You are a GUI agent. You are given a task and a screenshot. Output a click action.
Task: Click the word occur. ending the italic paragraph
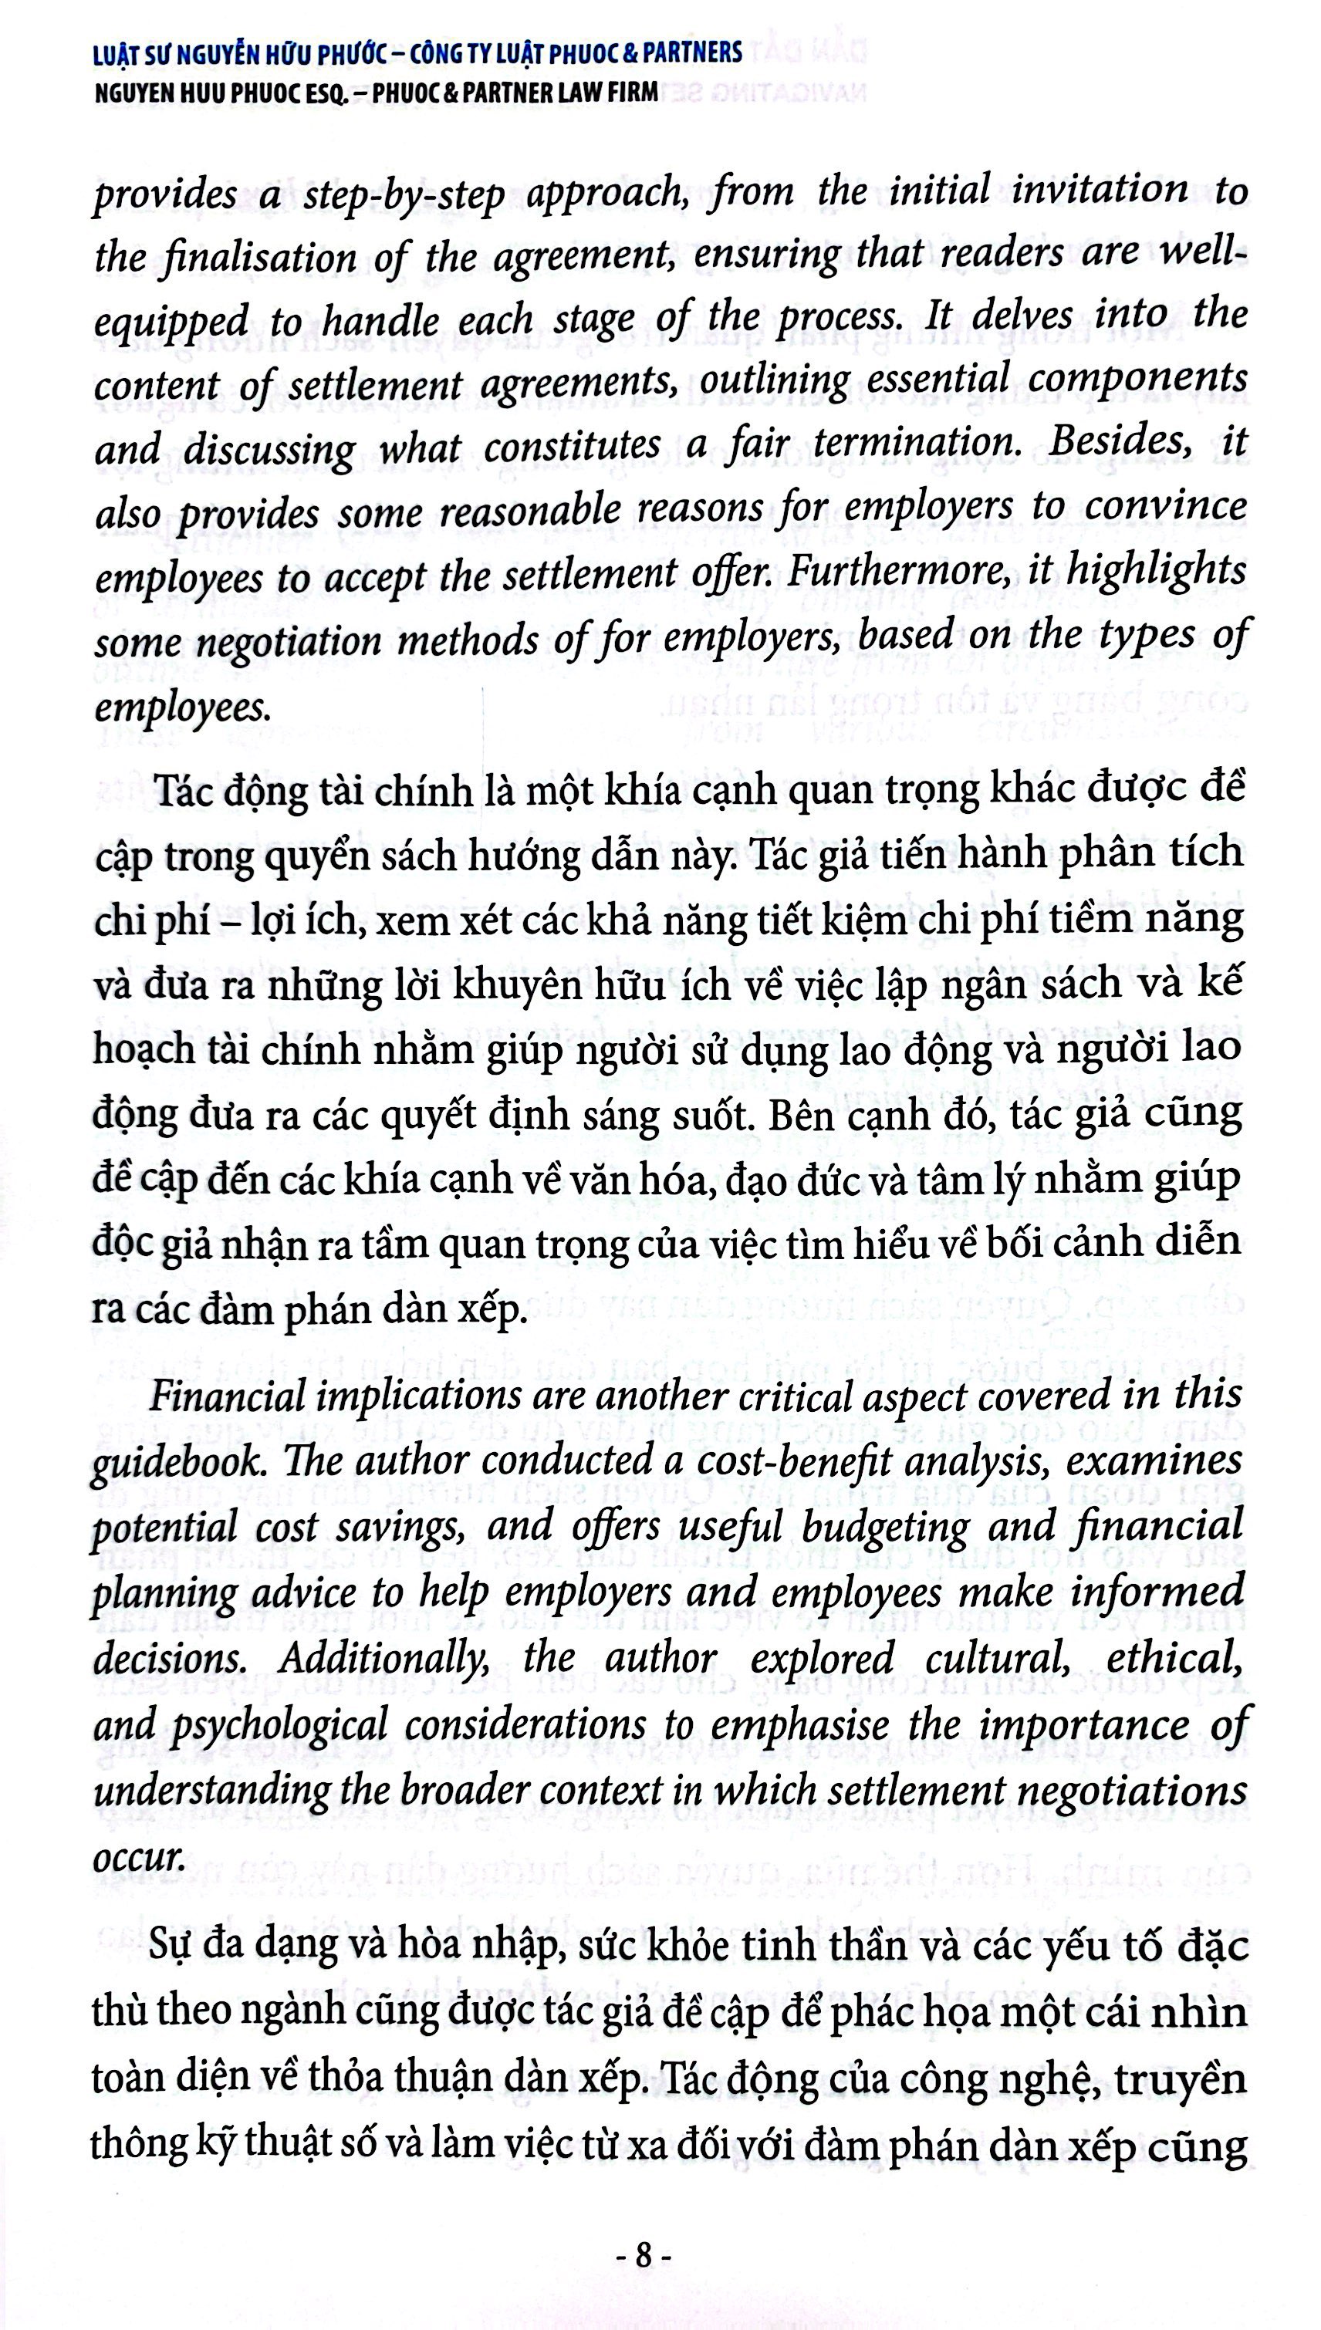point(138,1856)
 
